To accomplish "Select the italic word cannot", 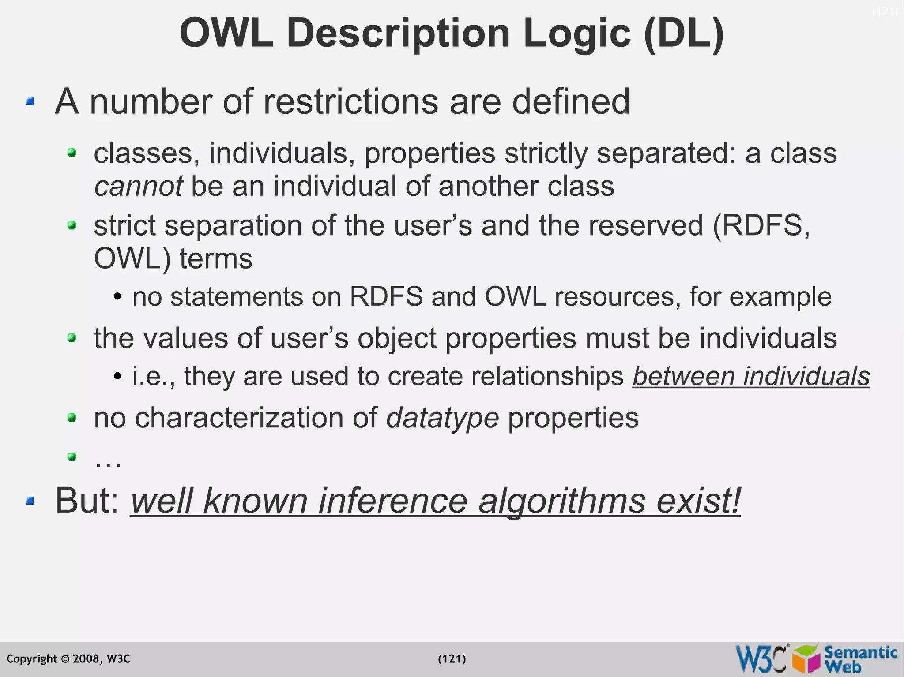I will click(138, 186).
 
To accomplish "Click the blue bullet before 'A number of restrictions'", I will click(30, 102).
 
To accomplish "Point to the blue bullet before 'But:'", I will click(30, 501).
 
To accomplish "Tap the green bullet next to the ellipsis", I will click(72, 456).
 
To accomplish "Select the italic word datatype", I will click(442, 418).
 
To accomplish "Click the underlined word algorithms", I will click(561, 501).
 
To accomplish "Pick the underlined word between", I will click(683, 376).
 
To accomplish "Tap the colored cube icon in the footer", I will click(807, 659).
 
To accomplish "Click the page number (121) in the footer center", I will click(452, 659).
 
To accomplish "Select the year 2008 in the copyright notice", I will click(87, 659).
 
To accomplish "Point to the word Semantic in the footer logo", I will click(861, 652).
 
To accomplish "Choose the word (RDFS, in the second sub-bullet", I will click(761, 225).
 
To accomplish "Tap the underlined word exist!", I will click(698, 501).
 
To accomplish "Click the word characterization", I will click(256, 418).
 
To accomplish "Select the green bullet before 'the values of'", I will click(72, 338).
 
